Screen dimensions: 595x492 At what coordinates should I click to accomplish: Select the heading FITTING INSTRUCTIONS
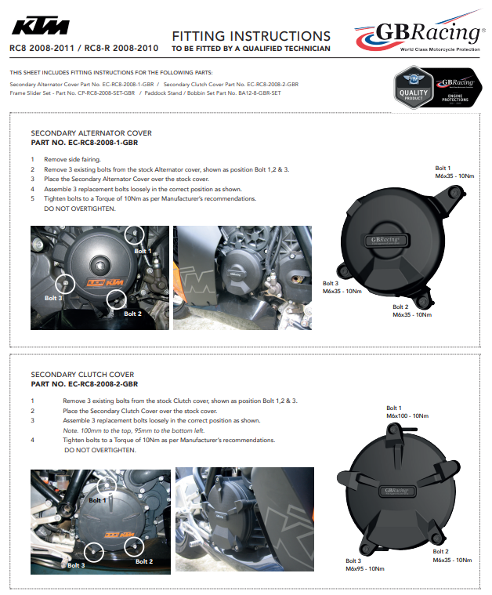click(x=251, y=36)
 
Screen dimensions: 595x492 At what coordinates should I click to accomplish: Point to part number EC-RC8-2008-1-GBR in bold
click(x=84, y=143)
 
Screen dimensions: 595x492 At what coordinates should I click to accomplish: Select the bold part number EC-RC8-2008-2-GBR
click(x=84, y=384)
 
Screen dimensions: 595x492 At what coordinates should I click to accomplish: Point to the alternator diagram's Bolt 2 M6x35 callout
click(x=412, y=310)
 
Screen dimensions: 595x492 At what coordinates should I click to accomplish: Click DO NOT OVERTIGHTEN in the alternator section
click(x=79, y=209)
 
